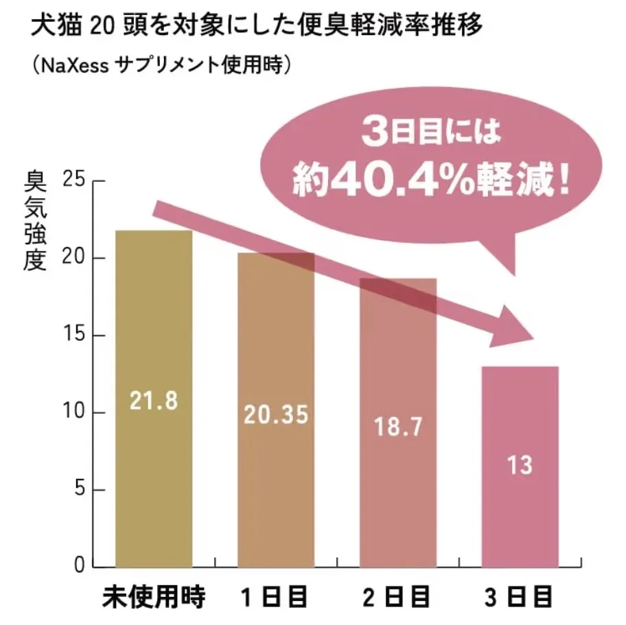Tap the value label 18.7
coord(397,426)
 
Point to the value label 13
coord(520,466)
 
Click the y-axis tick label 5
coord(78,491)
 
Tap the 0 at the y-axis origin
coord(78,567)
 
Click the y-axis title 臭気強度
coord(35,219)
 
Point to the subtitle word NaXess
coord(74,66)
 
